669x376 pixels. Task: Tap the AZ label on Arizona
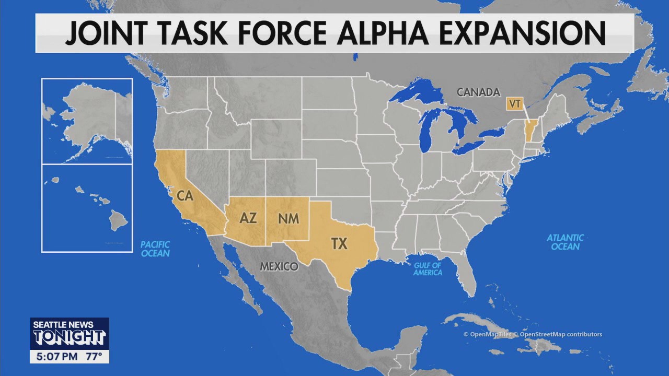tap(248, 218)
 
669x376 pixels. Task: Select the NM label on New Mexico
tap(288, 218)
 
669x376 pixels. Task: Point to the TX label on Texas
tap(339, 243)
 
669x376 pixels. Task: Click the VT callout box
tap(514, 103)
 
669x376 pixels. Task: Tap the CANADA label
tap(478, 92)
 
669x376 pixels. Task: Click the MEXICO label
tap(279, 266)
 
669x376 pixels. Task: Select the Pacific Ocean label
tap(156, 249)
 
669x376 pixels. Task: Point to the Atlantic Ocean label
tap(565, 242)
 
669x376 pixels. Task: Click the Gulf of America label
tap(428, 269)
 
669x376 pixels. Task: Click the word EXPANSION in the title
tap(522, 33)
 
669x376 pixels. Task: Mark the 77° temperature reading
tap(94, 357)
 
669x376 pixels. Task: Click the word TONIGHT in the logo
tap(69, 337)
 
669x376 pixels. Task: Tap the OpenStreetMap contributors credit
tap(560, 334)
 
